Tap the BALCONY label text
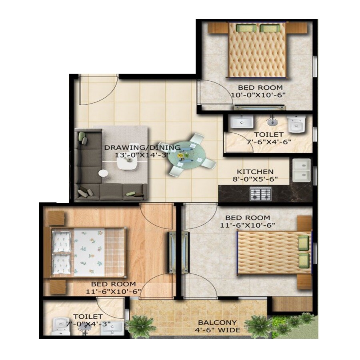[218, 322]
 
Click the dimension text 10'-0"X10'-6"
[258, 95]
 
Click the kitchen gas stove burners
[261, 194]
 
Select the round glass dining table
[187, 155]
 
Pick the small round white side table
[103, 173]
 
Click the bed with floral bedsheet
[88, 252]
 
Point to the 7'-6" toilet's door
[238, 142]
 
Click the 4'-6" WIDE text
[218, 330]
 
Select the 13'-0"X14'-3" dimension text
[137, 155]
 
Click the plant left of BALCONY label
[141, 324]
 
